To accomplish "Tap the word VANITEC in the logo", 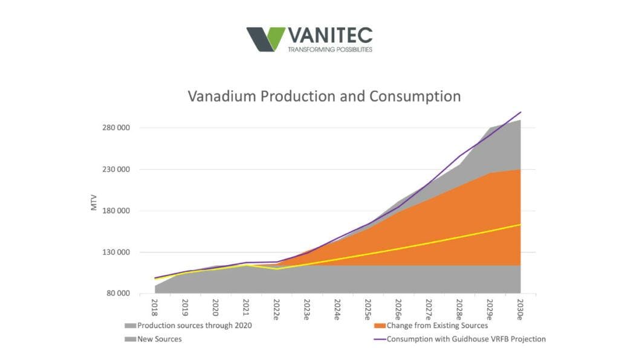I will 329,35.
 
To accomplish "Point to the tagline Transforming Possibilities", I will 329,50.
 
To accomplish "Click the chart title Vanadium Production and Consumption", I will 324,96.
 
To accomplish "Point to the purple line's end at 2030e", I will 520,112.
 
